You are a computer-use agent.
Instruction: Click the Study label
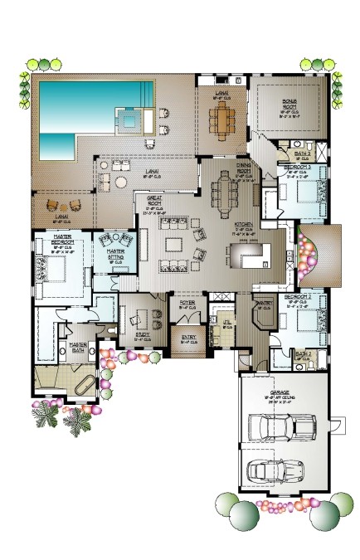[142, 336]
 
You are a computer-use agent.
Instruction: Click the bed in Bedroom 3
[303, 196]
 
